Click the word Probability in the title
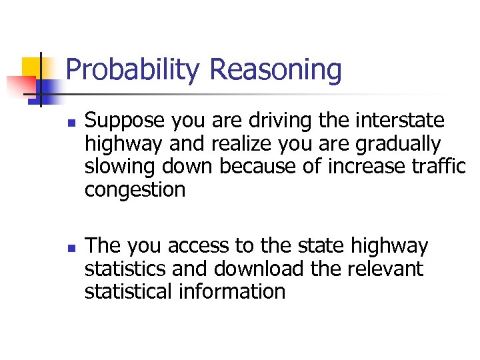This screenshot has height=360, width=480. click(133, 70)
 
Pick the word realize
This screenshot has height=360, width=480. click(237, 144)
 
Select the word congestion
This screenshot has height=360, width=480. click(135, 190)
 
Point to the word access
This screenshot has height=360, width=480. click(201, 246)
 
